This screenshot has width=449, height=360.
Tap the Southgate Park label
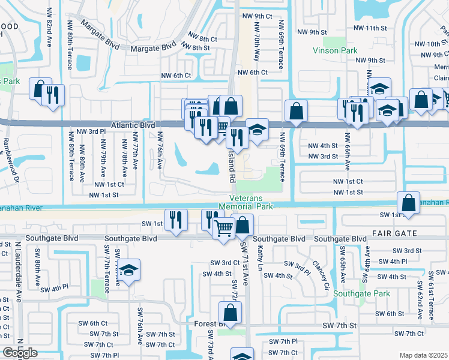click(362, 293)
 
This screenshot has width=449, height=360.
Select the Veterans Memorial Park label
click(251, 202)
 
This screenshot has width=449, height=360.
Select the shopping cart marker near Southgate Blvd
click(224, 227)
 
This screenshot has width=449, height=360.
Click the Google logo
click(20, 353)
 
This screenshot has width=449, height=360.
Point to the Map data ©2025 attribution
click(423, 355)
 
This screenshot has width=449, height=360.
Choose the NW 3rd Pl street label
click(91, 131)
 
